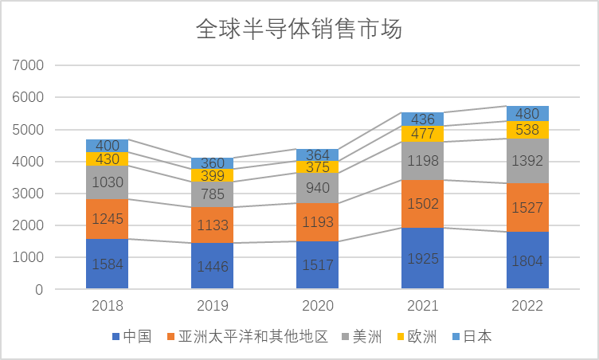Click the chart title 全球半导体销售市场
pos(299,30)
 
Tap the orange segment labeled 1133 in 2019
pos(212,225)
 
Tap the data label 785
pos(212,194)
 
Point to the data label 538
pos(527,130)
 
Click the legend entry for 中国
pos(132,337)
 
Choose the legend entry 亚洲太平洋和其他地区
pos(247,337)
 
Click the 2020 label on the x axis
pos(317,307)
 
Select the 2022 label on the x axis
pos(527,307)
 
